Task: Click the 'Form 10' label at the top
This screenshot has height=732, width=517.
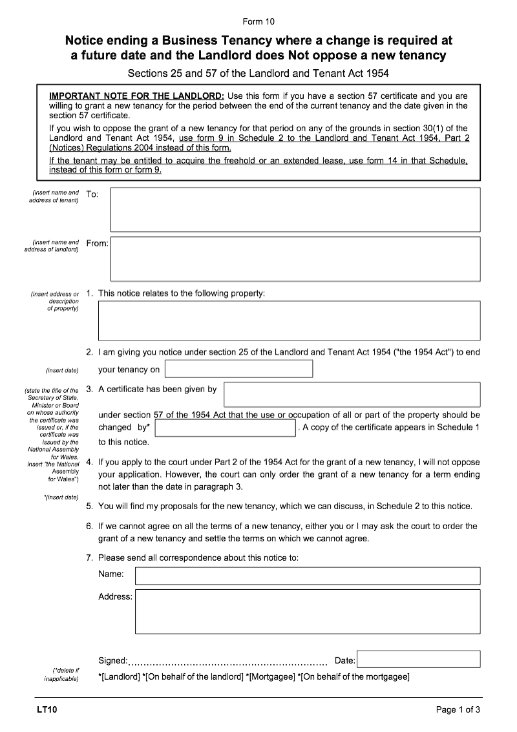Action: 258,21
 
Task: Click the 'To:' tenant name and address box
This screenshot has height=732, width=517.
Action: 295,209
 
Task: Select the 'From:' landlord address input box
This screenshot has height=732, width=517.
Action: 295,258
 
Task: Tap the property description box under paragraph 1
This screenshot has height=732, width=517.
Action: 289,320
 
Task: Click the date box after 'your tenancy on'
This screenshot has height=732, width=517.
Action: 238,369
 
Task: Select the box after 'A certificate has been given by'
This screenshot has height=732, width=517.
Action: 352,394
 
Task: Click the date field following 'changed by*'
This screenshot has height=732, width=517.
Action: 225,428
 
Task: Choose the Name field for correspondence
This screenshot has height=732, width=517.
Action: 307,576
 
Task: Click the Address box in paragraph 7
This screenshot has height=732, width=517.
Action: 307,611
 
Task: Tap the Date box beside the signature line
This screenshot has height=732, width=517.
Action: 418,659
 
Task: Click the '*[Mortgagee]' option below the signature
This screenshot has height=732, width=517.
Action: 270,677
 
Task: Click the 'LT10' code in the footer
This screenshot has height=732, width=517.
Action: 47,710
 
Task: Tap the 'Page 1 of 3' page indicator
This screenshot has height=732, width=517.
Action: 458,710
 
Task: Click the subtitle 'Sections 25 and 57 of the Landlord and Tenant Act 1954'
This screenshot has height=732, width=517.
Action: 258,74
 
